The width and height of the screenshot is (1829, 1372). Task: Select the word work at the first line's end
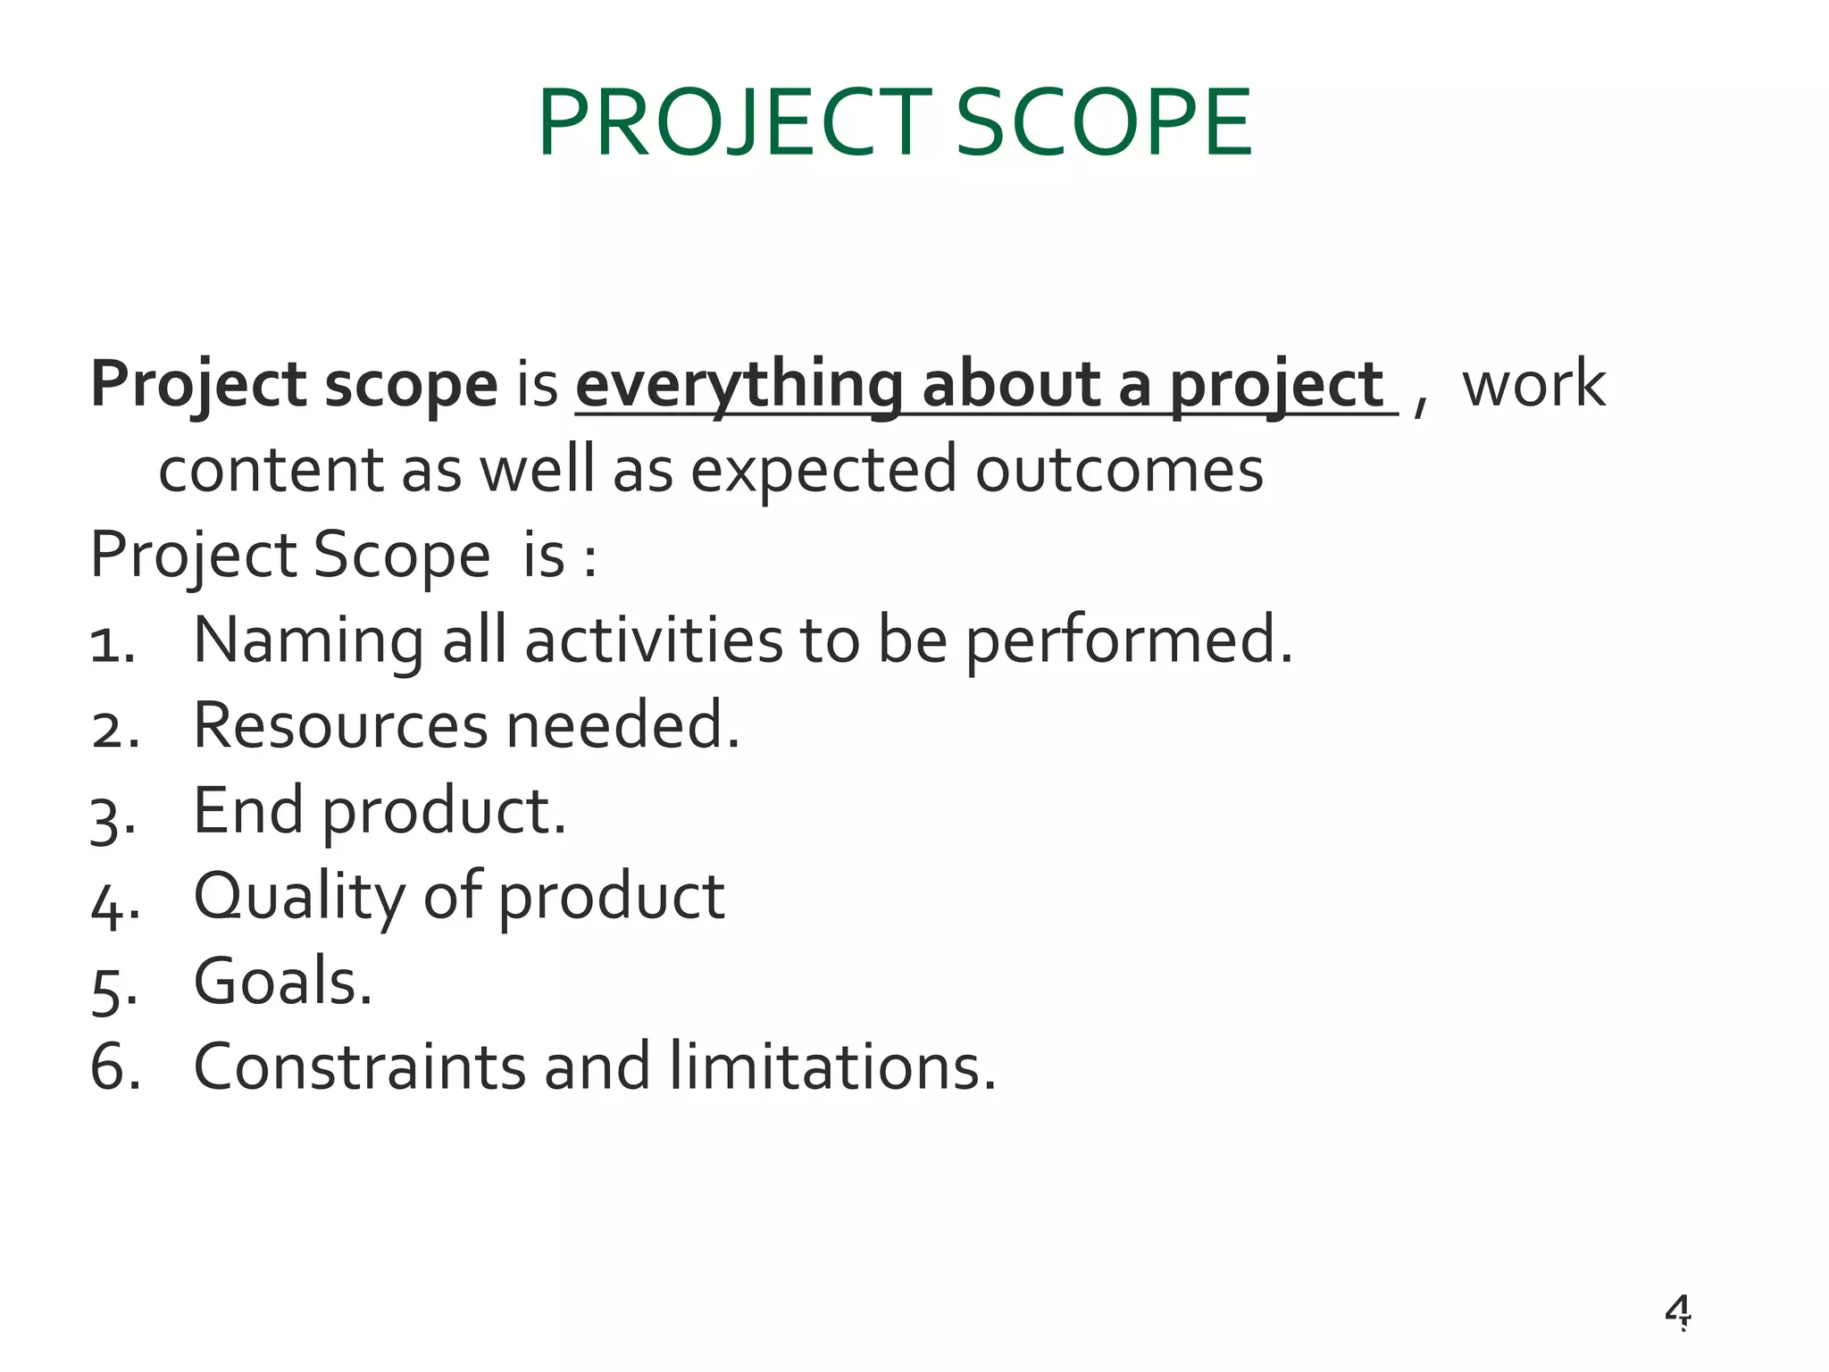[x=1533, y=385]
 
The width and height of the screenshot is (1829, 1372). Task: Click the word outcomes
[x=1118, y=471]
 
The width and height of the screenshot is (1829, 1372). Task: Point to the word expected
[x=823, y=471]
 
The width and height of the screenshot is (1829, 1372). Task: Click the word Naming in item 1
[x=308, y=641]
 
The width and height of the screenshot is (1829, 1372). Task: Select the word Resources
[x=340, y=725]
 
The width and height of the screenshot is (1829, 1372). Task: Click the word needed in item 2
[x=622, y=725]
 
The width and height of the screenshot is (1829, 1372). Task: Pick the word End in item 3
[x=247, y=811]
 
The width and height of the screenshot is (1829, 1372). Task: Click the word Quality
[x=298, y=897]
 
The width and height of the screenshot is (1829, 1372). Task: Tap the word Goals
[x=282, y=982]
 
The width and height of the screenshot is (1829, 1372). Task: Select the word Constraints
[x=359, y=1067]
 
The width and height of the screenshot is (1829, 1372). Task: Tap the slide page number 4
[x=1677, y=1311]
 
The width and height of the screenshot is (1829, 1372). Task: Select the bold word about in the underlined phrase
[x=1010, y=385]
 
